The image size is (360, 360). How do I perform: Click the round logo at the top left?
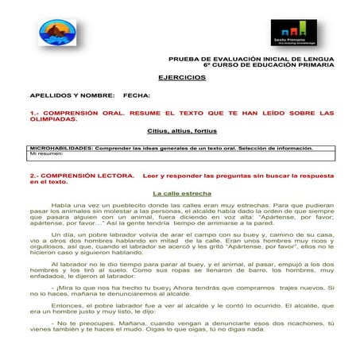click(56, 33)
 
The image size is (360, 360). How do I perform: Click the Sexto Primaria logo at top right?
click(293, 33)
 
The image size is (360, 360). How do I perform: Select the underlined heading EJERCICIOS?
click(182, 77)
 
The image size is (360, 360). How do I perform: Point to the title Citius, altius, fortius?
click(181, 130)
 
